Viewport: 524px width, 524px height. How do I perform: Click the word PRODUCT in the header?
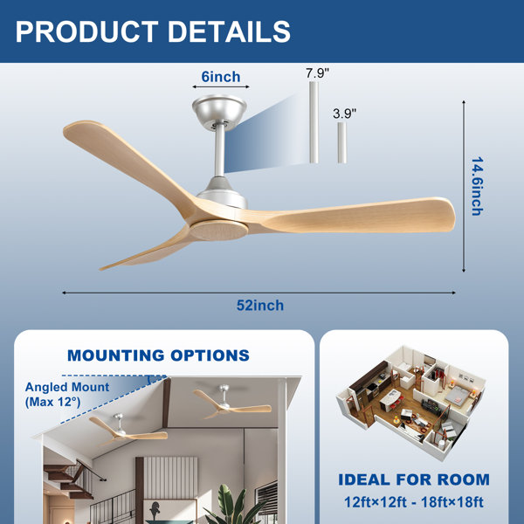point(86,31)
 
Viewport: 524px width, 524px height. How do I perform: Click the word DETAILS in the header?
point(229,31)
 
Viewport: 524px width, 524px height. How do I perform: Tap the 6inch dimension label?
point(221,77)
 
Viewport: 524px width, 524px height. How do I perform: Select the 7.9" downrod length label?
point(317,72)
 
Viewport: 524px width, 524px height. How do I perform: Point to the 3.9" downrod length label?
point(345,114)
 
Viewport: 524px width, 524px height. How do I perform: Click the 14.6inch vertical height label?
point(478,186)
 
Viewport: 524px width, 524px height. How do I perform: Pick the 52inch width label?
point(260,306)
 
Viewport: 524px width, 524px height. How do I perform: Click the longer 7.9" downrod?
point(314,122)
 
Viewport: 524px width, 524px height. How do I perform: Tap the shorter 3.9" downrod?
point(341,142)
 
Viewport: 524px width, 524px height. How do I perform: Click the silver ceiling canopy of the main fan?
point(219,107)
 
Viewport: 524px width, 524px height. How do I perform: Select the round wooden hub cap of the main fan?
point(219,231)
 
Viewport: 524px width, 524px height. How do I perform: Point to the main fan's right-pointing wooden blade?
point(355,215)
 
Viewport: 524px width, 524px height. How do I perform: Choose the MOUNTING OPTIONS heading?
point(158,355)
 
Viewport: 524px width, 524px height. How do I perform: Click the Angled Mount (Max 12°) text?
point(67,395)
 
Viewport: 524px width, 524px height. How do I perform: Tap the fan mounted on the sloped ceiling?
point(128,430)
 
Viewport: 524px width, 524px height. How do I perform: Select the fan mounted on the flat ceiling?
point(232,402)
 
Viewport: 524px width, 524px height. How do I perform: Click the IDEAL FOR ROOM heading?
point(414,479)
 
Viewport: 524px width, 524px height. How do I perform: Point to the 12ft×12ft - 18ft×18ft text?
point(414,502)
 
